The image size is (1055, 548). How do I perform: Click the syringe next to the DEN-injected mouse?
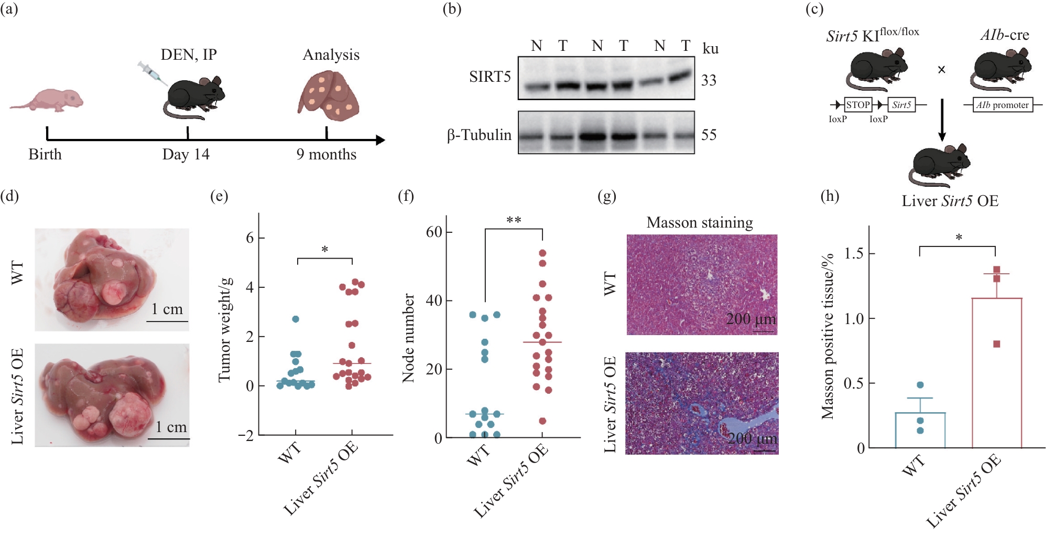153,73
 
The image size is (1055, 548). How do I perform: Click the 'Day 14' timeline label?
186,154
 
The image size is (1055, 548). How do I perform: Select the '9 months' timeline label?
326,154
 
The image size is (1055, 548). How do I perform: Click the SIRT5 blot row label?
490,77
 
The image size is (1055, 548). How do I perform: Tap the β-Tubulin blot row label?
479,135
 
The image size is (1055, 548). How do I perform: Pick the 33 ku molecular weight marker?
709,80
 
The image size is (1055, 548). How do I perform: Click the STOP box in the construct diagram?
858,105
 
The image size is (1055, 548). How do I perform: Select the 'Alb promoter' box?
1003,105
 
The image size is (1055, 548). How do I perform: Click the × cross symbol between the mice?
941,70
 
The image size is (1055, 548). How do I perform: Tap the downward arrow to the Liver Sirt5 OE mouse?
942,120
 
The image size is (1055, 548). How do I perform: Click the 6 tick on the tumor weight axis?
250,238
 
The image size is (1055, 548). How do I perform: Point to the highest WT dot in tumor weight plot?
296,319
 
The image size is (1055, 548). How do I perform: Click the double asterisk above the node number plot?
514,220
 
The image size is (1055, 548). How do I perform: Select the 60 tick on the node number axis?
434,232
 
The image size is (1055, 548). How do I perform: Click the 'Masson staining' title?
700,222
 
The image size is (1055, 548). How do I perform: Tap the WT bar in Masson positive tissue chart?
920,430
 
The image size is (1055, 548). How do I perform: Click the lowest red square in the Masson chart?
997,344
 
